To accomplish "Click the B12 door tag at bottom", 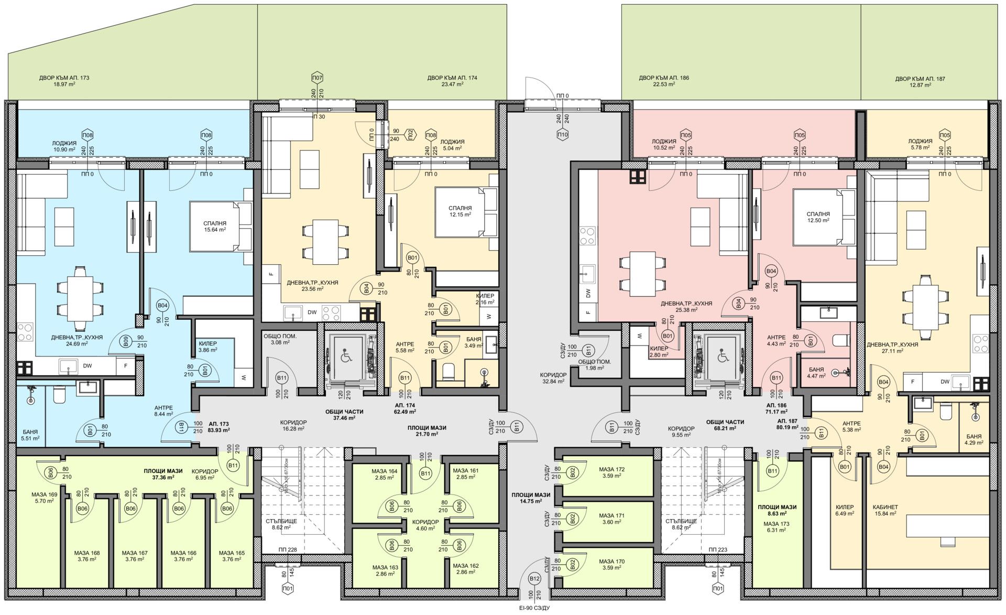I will point(534,579).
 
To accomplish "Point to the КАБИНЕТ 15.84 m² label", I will point(885,511).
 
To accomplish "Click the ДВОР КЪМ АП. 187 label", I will point(920,82).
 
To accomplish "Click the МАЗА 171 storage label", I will point(613,519).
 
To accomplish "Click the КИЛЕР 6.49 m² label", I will point(845,511).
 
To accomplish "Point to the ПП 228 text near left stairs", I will point(288,549).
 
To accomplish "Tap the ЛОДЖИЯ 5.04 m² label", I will point(452,145).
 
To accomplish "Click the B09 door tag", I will point(125,341).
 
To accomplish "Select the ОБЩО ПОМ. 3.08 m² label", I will point(284,339).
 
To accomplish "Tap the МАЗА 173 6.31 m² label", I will point(777,527).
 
